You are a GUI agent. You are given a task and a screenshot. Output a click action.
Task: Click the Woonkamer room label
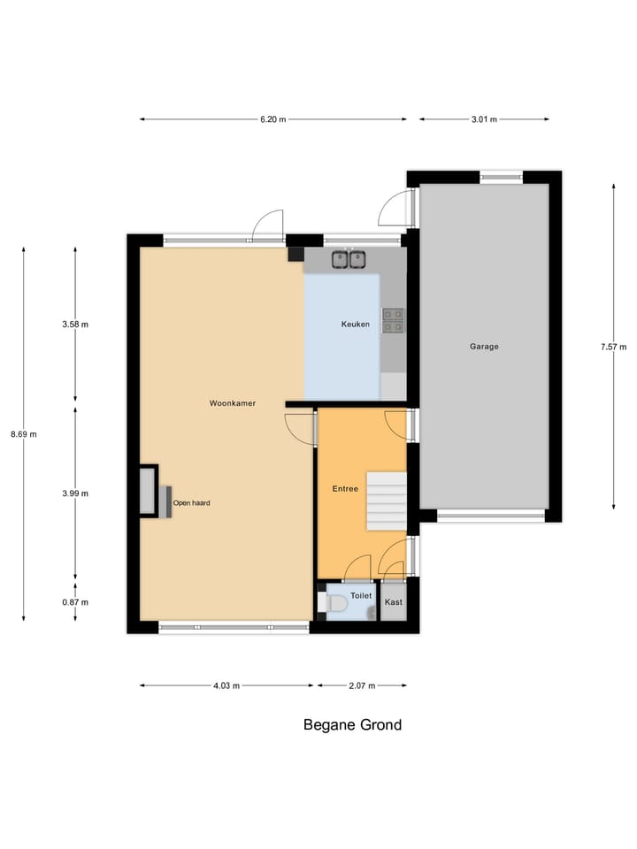coord(233,403)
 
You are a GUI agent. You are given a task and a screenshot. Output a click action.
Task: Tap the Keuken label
coord(355,325)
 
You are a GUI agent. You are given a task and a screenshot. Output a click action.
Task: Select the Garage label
coord(484,347)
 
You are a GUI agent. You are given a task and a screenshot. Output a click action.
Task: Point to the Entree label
coord(345,489)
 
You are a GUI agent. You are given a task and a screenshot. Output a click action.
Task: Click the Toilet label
coord(361,596)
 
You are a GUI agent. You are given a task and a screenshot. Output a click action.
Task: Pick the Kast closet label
coord(394,602)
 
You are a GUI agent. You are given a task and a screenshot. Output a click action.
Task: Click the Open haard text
coord(191,503)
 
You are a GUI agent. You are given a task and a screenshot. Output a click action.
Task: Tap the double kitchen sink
coord(349,259)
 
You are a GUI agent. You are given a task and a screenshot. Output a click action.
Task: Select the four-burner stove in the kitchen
coord(393,320)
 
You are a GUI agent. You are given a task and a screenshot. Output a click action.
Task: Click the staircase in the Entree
coord(387,501)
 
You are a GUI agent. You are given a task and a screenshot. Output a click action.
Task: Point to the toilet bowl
coord(335,603)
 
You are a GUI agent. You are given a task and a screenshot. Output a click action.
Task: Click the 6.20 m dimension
coord(273,119)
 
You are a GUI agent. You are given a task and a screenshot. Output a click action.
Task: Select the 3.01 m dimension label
coord(484,119)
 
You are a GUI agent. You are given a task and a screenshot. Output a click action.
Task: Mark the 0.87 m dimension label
coord(75,602)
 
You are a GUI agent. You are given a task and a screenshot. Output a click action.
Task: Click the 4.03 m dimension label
coord(226,685)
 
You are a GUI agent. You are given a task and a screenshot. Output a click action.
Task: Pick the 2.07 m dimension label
coord(363,685)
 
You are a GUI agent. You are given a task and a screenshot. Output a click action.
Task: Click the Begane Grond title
coord(352,725)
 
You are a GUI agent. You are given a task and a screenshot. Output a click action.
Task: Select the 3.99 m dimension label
coord(75,493)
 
